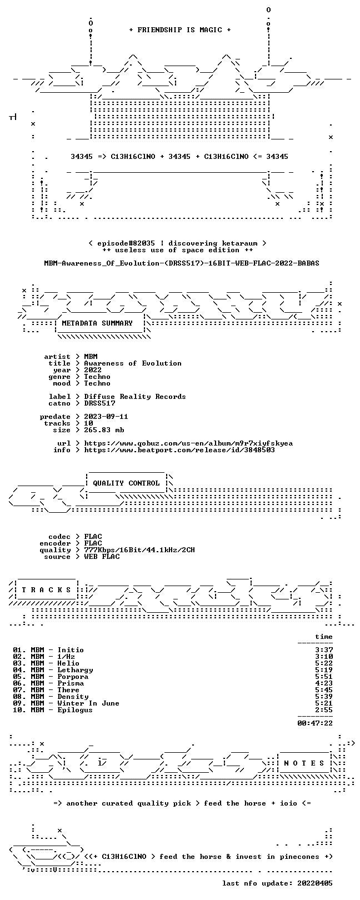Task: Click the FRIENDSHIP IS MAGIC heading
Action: click(x=180, y=30)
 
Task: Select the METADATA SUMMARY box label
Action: click(x=97, y=323)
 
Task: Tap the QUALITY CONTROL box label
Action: click(x=126, y=483)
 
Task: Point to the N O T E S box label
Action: click(x=304, y=763)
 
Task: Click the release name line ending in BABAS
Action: click(x=182, y=263)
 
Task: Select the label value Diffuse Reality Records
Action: click(x=135, y=397)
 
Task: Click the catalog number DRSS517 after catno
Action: click(x=99, y=403)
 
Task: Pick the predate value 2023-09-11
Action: click(x=106, y=417)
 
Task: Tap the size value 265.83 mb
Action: click(x=104, y=430)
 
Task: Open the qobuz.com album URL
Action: click(x=188, y=443)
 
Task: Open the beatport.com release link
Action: click(x=179, y=450)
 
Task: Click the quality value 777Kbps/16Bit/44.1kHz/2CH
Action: click(x=139, y=550)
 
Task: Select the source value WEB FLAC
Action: click(x=102, y=557)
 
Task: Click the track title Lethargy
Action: click(x=75, y=670)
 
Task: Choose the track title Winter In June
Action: click(x=88, y=703)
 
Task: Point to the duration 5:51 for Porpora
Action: click(x=324, y=677)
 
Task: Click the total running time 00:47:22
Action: click(x=315, y=723)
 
